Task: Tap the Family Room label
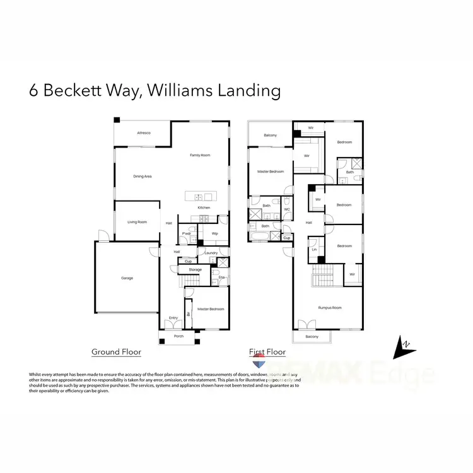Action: pos(201,155)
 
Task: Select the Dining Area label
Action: pos(143,177)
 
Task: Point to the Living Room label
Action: pos(137,222)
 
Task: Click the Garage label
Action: pos(127,278)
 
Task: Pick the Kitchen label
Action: pos(204,208)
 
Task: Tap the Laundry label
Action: pos(211,253)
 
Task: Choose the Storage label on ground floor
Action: pos(196,270)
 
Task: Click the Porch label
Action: pos(178,337)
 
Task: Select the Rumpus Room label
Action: pos(329,308)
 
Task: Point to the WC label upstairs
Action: pos(286,209)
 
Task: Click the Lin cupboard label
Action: pos(314,250)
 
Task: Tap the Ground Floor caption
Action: pos(116,352)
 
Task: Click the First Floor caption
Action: pos(267,352)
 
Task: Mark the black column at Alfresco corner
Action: pos(117,120)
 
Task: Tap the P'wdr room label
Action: pos(187,233)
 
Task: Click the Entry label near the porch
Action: pos(173,318)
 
